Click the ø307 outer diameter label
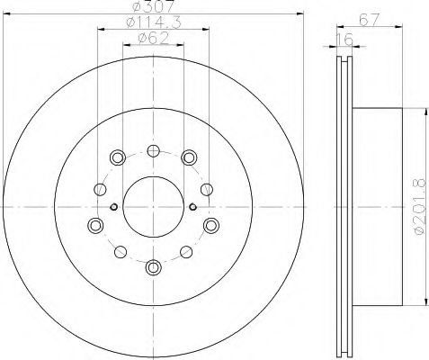(152, 10)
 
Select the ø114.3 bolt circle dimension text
(152, 24)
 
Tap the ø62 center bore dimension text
(152, 39)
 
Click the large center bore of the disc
(152, 208)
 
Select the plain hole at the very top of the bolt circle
(152, 150)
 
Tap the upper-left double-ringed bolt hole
(115, 158)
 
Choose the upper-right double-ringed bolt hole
(189, 158)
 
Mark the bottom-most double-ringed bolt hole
(152, 266)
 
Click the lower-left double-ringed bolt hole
(94, 224)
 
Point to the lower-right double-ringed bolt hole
(210, 224)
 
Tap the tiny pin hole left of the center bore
(112, 208)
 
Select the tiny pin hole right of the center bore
(192, 208)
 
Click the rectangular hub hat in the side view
(378, 207)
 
